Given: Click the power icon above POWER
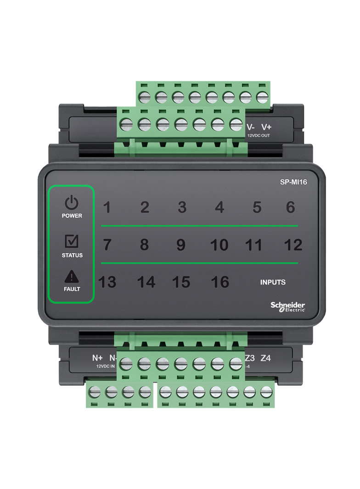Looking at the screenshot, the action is (x=72, y=202).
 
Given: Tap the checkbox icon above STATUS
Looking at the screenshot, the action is (x=72, y=241).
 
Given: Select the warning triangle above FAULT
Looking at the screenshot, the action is (x=72, y=276).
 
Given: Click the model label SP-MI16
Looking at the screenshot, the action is (x=293, y=182).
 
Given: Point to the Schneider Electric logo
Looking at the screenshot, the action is (x=287, y=306).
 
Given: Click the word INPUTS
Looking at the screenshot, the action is (x=273, y=282).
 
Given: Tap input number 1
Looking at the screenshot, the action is (x=107, y=207).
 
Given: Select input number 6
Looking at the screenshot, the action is (x=290, y=207).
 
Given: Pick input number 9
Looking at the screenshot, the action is (x=181, y=245).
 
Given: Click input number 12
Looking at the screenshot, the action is (x=293, y=245).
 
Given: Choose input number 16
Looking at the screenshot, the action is (x=220, y=282).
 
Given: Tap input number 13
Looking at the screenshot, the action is (x=107, y=282).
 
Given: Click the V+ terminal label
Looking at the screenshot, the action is (x=266, y=127).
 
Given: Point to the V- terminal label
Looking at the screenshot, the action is (x=251, y=127).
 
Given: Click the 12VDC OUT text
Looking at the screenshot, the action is (x=259, y=136).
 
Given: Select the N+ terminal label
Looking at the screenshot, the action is (x=97, y=358).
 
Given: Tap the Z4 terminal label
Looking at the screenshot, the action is (x=265, y=358).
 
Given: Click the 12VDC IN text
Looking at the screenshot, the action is (x=106, y=366).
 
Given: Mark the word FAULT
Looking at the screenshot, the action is (x=72, y=289).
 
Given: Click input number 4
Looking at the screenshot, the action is (x=219, y=207).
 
